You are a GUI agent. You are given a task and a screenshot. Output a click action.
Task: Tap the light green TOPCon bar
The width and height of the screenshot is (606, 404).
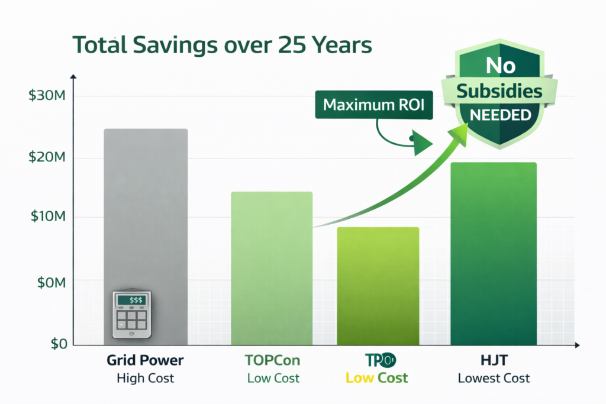tap(272, 266)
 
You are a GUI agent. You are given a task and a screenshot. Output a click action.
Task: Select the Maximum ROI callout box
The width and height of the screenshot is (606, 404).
tap(374, 105)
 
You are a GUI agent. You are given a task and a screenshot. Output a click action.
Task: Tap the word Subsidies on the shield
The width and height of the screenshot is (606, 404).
tap(500, 91)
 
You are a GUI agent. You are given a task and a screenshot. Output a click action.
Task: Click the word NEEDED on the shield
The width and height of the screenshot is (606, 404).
tap(500, 115)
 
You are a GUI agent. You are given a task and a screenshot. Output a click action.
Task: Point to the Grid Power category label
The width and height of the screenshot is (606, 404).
tap(146, 360)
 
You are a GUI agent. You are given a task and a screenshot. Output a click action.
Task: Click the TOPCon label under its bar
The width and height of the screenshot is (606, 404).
tap(271, 360)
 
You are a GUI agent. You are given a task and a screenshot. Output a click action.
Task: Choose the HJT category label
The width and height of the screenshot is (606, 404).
tap(494, 360)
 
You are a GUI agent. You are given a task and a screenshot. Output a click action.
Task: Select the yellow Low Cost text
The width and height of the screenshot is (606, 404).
tap(377, 378)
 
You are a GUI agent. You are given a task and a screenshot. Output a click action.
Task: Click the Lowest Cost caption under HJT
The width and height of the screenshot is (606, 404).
tap(494, 378)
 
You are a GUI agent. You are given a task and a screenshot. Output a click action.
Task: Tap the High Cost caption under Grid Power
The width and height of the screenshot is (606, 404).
tap(146, 378)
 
